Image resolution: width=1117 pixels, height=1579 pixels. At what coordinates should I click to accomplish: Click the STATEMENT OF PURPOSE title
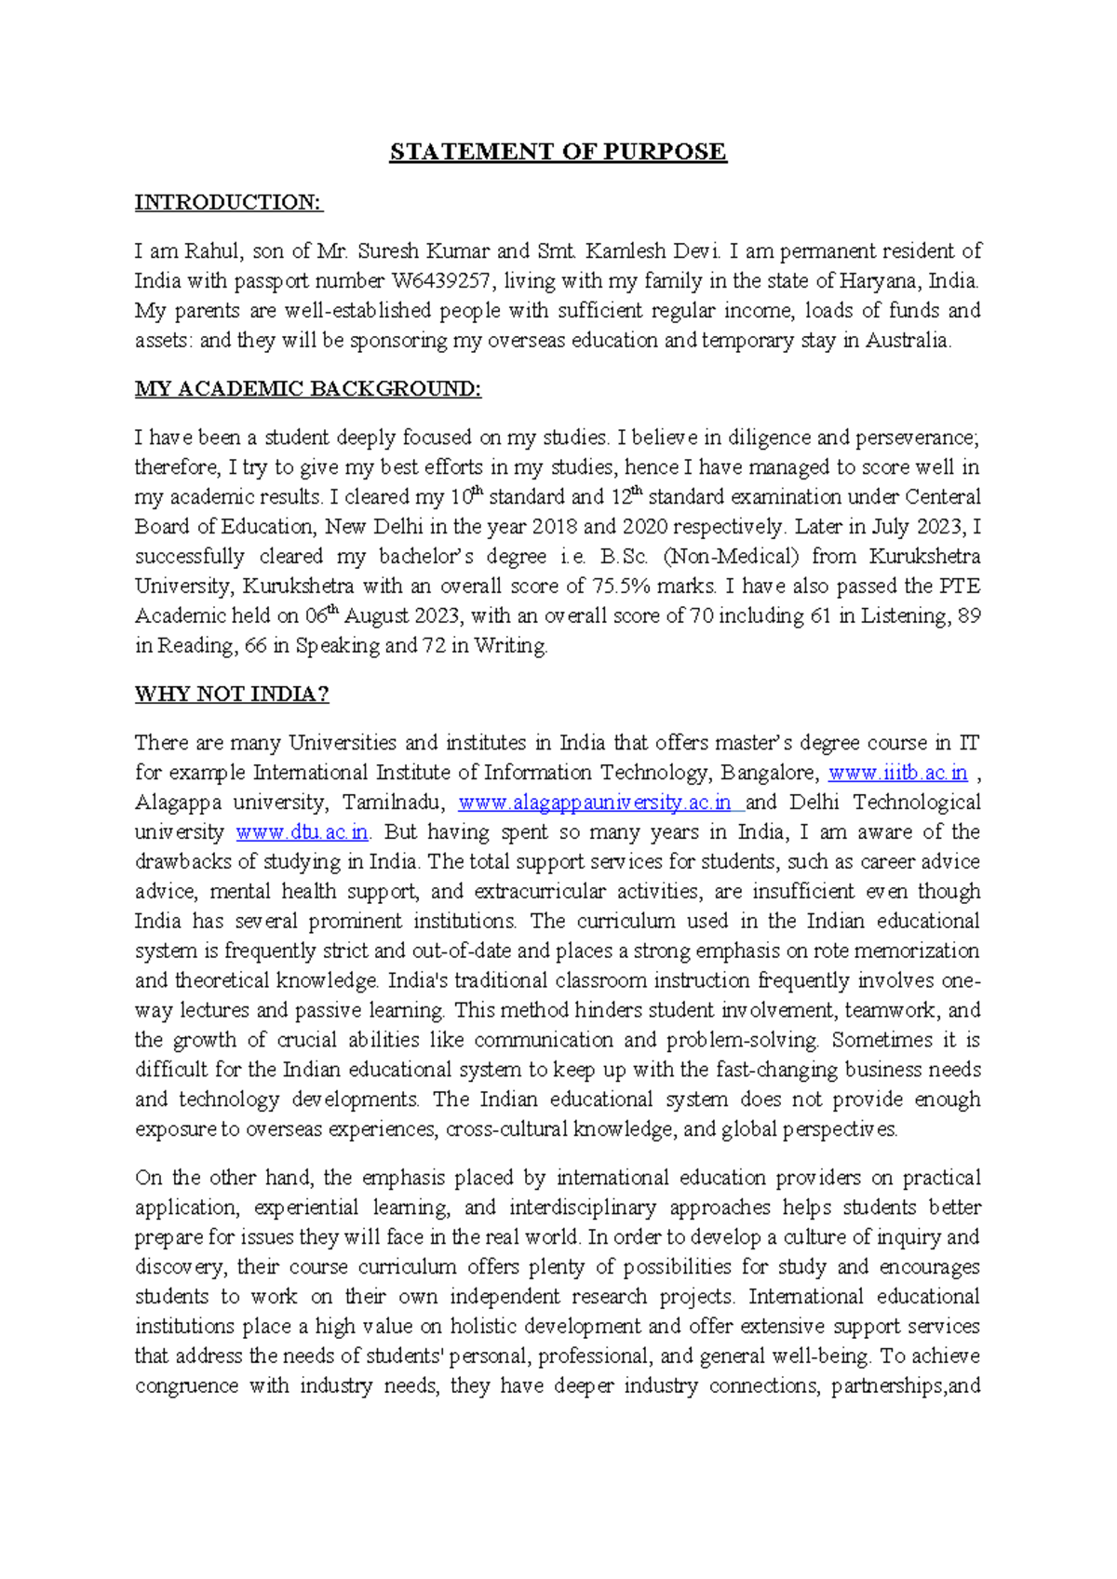coord(558,152)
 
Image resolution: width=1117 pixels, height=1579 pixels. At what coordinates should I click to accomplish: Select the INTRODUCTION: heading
coord(228,202)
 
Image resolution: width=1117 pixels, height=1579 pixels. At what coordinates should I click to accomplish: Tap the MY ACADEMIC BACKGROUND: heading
coord(308,388)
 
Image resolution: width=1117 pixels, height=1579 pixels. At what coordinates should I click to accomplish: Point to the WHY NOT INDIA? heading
coord(232,694)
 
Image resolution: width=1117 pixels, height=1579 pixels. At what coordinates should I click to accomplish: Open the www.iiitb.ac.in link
coord(897,773)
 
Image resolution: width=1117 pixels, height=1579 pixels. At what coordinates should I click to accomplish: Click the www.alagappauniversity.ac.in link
coord(595,803)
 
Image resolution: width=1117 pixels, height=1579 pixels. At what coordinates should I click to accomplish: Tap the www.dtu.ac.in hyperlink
coord(302,832)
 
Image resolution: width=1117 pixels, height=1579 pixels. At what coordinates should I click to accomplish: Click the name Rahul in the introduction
coord(213,251)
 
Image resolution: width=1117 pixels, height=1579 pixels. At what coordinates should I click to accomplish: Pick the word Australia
coord(908,341)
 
